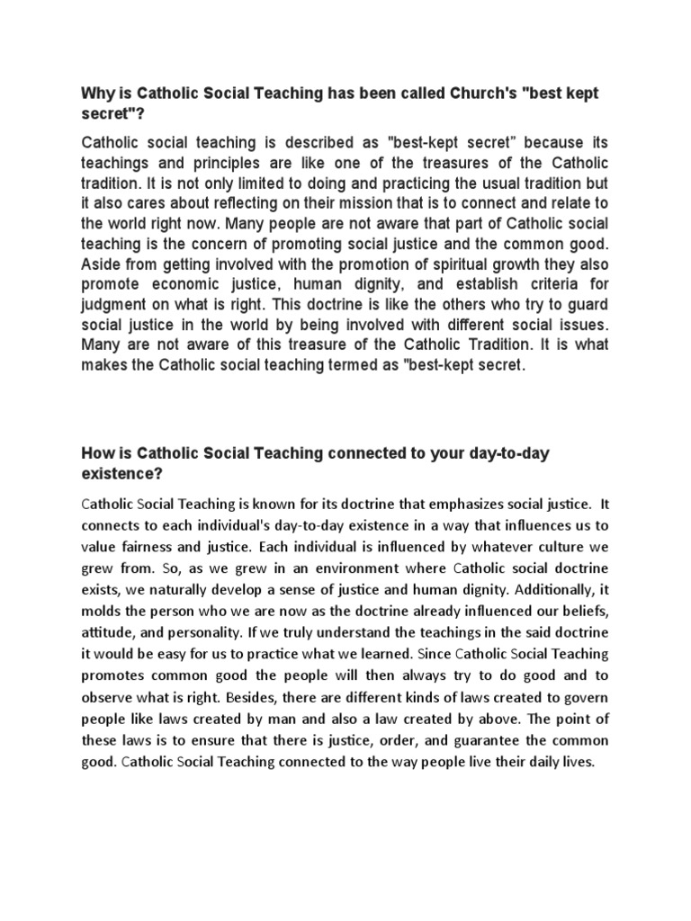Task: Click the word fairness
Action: pos(157,549)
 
